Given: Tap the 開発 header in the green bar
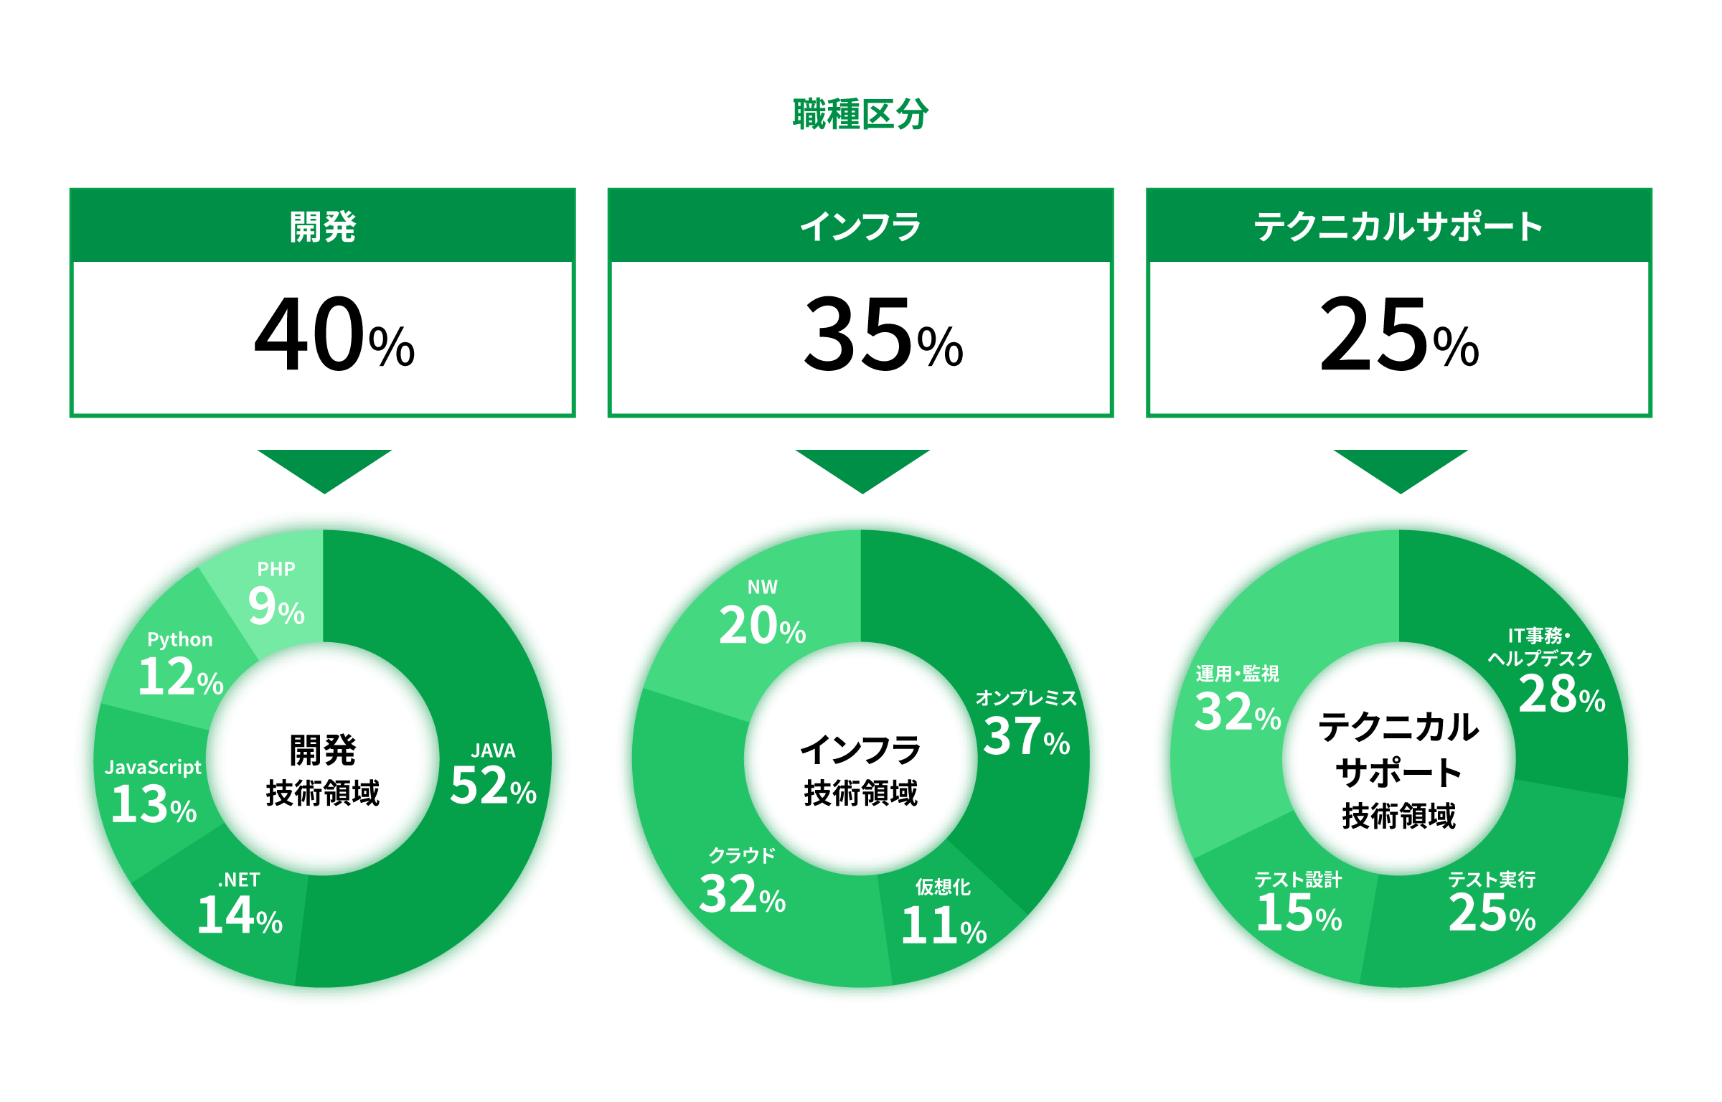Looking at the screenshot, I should tap(323, 227).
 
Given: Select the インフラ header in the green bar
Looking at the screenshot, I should tap(860, 227).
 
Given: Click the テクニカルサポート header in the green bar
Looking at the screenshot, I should tap(1398, 227).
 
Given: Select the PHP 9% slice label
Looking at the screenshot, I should tap(276, 594).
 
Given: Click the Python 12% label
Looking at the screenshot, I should tap(181, 664).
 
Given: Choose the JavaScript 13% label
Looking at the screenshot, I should tap(154, 792).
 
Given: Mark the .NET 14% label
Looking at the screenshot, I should tap(240, 904).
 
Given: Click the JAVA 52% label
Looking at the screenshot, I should tap(493, 775).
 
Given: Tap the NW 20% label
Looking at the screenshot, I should tap(762, 613).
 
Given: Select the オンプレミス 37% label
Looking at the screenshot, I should tap(1026, 725).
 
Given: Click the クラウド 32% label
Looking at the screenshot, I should tap(742, 882).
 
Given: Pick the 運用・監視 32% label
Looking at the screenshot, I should tap(1238, 700).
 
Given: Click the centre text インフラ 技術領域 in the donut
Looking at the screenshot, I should tap(860, 771).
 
